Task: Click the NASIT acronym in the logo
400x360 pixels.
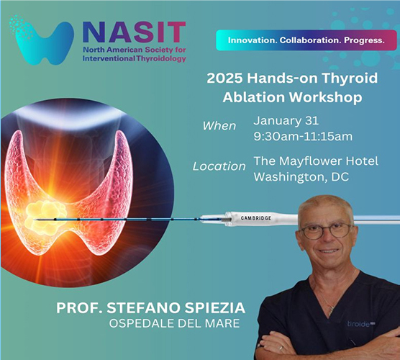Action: tap(135, 32)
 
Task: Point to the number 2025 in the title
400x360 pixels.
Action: tap(224, 78)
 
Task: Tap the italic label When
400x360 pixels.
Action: tap(219, 126)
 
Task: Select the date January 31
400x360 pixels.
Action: tap(286, 120)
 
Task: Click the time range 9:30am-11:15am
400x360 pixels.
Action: tap(303, 136)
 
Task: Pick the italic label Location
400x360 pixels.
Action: tap(219, 166)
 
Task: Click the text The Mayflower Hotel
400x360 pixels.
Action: tap(316, 161)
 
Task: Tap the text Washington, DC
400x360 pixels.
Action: tap(301, 177)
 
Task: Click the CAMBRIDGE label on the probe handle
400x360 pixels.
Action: tap(256, 218)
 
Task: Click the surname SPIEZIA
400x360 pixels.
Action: tap(214, 308)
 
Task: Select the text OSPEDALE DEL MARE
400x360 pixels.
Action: tap(175, 323)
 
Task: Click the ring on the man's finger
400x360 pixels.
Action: tap(281, 348)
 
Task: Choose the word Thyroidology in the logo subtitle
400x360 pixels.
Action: tap(161, 59)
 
